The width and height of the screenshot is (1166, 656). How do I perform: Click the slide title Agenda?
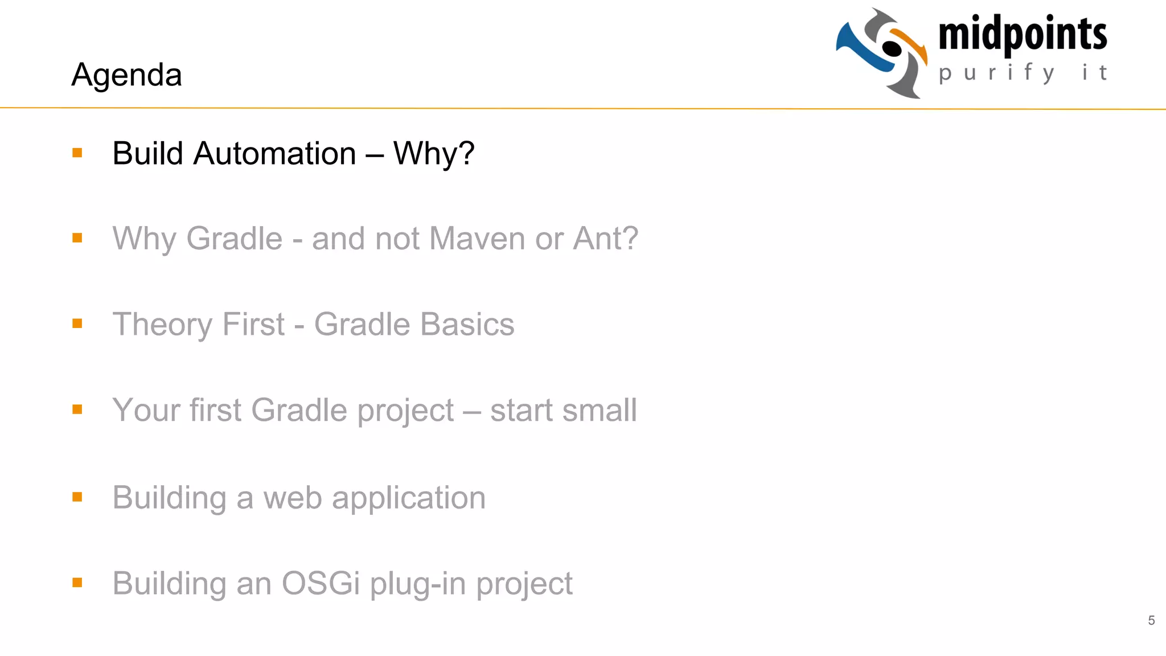[x=126, y=75]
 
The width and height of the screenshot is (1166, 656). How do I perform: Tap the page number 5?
[x=1151, y=620]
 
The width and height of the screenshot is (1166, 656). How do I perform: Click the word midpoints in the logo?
[x=1023, y=34]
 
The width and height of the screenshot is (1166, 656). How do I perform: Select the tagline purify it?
[x=1023, y=73]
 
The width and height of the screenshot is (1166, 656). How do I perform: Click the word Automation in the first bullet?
[x=274, y=154]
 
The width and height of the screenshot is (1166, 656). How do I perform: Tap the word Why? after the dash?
[x=434, y=154]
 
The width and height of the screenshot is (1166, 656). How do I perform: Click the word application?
[x=408, y=499]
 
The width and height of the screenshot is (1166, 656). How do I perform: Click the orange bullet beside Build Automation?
[x=77, y=153]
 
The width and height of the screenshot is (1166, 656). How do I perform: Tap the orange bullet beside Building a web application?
[x=77, y=497]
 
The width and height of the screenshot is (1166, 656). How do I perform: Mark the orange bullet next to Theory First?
[x=77, y=323]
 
